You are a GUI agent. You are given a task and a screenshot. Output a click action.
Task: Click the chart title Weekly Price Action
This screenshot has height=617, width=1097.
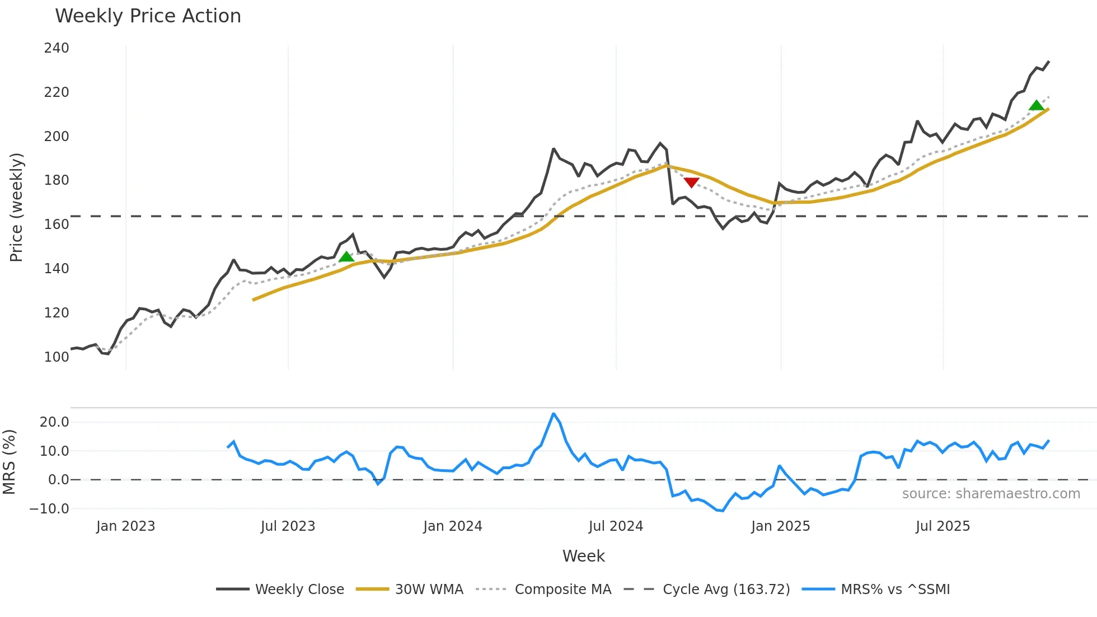point(148,16)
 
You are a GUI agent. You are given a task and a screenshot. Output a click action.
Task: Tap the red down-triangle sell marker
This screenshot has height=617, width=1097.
point(691,183)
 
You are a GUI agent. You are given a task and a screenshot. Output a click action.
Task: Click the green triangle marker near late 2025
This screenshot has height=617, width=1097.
point(1037,105)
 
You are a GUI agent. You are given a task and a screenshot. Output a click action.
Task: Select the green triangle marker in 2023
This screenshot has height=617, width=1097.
point(346,256)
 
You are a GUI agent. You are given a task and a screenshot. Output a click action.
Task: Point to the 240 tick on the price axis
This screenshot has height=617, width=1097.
point(57,48)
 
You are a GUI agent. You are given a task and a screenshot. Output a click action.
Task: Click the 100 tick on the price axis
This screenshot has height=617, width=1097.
point(57,357)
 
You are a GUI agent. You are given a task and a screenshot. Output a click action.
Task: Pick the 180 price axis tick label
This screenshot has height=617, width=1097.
point(57,180)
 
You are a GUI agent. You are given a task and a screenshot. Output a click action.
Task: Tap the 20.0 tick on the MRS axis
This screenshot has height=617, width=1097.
point(54,422)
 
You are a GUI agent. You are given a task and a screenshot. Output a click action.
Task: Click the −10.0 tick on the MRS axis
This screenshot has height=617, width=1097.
point(50,509)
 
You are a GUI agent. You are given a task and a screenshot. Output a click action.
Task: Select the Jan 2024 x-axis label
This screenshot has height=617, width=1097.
point(452,526)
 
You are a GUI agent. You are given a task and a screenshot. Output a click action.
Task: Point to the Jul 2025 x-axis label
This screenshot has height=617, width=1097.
point(943,526)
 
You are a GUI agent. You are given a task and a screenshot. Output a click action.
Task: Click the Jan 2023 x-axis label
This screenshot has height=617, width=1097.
point(125,526)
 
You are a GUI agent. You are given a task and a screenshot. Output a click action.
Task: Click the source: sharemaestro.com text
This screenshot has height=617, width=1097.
point(991,494)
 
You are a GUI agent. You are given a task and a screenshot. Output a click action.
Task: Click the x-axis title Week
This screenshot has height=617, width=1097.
point(583,556)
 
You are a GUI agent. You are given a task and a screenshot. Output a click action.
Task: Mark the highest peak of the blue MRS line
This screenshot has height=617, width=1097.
point(554,414)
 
